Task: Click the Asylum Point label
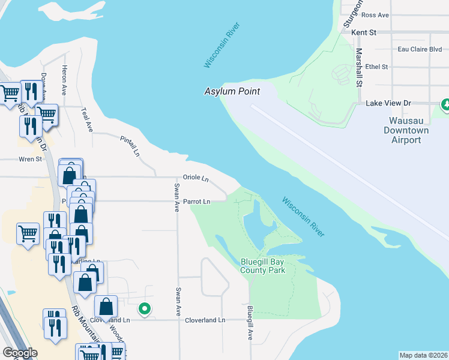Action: (x=232, y=91)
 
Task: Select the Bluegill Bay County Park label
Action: (x=262, y=266)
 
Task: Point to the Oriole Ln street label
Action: (x=196, y=178)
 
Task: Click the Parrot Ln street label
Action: (x=197, y=202)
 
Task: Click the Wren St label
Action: (x=30, y=159)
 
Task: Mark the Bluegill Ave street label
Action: (x=250, y=323)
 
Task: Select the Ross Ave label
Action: (x=375, y=15)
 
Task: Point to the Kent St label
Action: (x=364, y=32)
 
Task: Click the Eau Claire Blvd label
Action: (x=420, y=49)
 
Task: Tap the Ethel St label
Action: (x=376, y=67)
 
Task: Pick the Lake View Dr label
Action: (x=388, y=103)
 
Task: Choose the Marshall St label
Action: (x=359, y=68)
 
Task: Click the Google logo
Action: (x=20, y=353)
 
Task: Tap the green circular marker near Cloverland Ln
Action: (x=145, y=310)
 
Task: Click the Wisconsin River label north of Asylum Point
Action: (x=222, y=46)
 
